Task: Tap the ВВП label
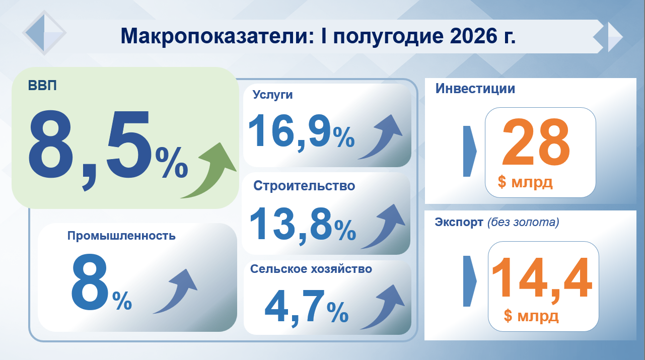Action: (x=42, y=86)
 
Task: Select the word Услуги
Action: (x=272, y=95)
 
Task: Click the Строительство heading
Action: (x=304, y=186)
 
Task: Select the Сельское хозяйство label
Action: (x=311, y=269)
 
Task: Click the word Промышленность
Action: (x=121, y=236)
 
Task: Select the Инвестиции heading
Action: (x=475, y=89)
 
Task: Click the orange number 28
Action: (x=536, y=142)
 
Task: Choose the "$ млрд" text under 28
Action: (x=525, y=182)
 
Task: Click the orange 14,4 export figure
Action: (x=542, y=279)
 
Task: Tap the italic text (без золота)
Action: (x=523, y=222)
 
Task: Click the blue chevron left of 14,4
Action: (x=469, y=281)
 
